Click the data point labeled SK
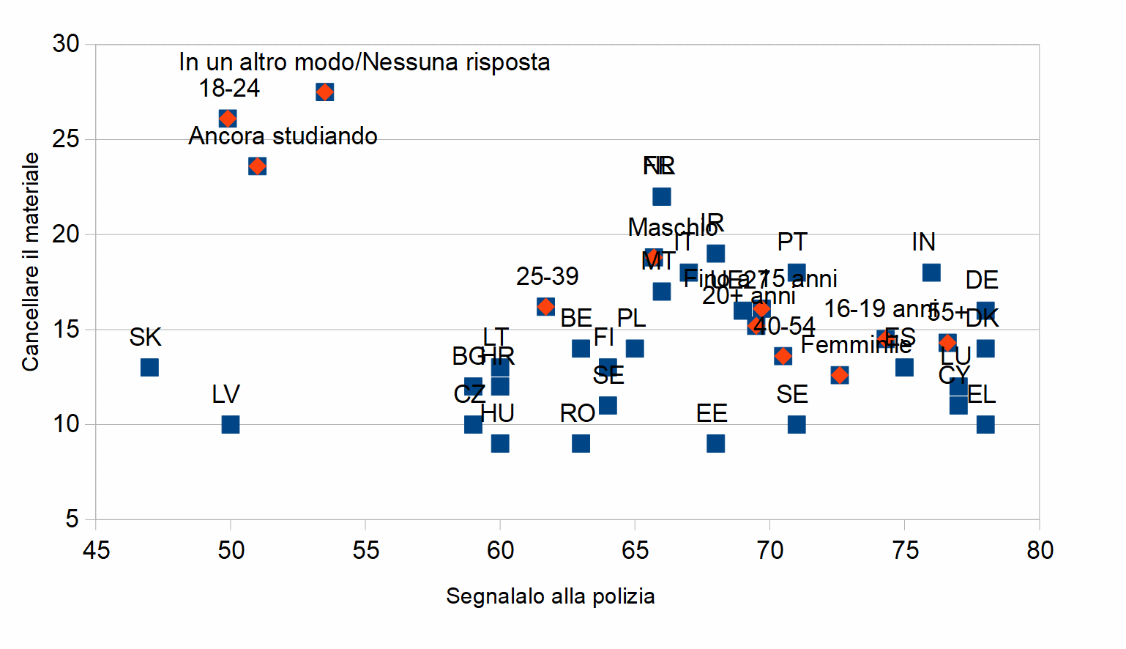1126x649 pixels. pos(149,367)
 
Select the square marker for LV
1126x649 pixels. pos(231,424)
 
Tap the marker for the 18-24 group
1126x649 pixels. pos(228,119)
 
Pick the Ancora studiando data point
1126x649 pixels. pos(257,166)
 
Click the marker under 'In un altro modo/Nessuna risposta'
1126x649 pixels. pos(325,92)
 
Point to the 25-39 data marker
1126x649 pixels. pos(545,306)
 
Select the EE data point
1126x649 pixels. pos(716,443)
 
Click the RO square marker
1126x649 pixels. pos(581,443)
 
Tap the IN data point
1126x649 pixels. pos(931,272)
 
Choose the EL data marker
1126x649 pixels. pos(985,424)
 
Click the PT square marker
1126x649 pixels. pos(797,272)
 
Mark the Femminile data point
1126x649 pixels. pos(840,375)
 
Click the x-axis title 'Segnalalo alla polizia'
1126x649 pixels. pos(550,596)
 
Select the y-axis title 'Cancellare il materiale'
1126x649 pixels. pos(30,262)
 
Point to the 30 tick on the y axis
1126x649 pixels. pos(66,44)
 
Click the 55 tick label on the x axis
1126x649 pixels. pos(365,550)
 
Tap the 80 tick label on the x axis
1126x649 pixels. pos(1040,550)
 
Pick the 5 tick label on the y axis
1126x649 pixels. pos(72,519)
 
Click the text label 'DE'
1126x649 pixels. pos(982,281)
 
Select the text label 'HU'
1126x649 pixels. pos(498,414)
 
